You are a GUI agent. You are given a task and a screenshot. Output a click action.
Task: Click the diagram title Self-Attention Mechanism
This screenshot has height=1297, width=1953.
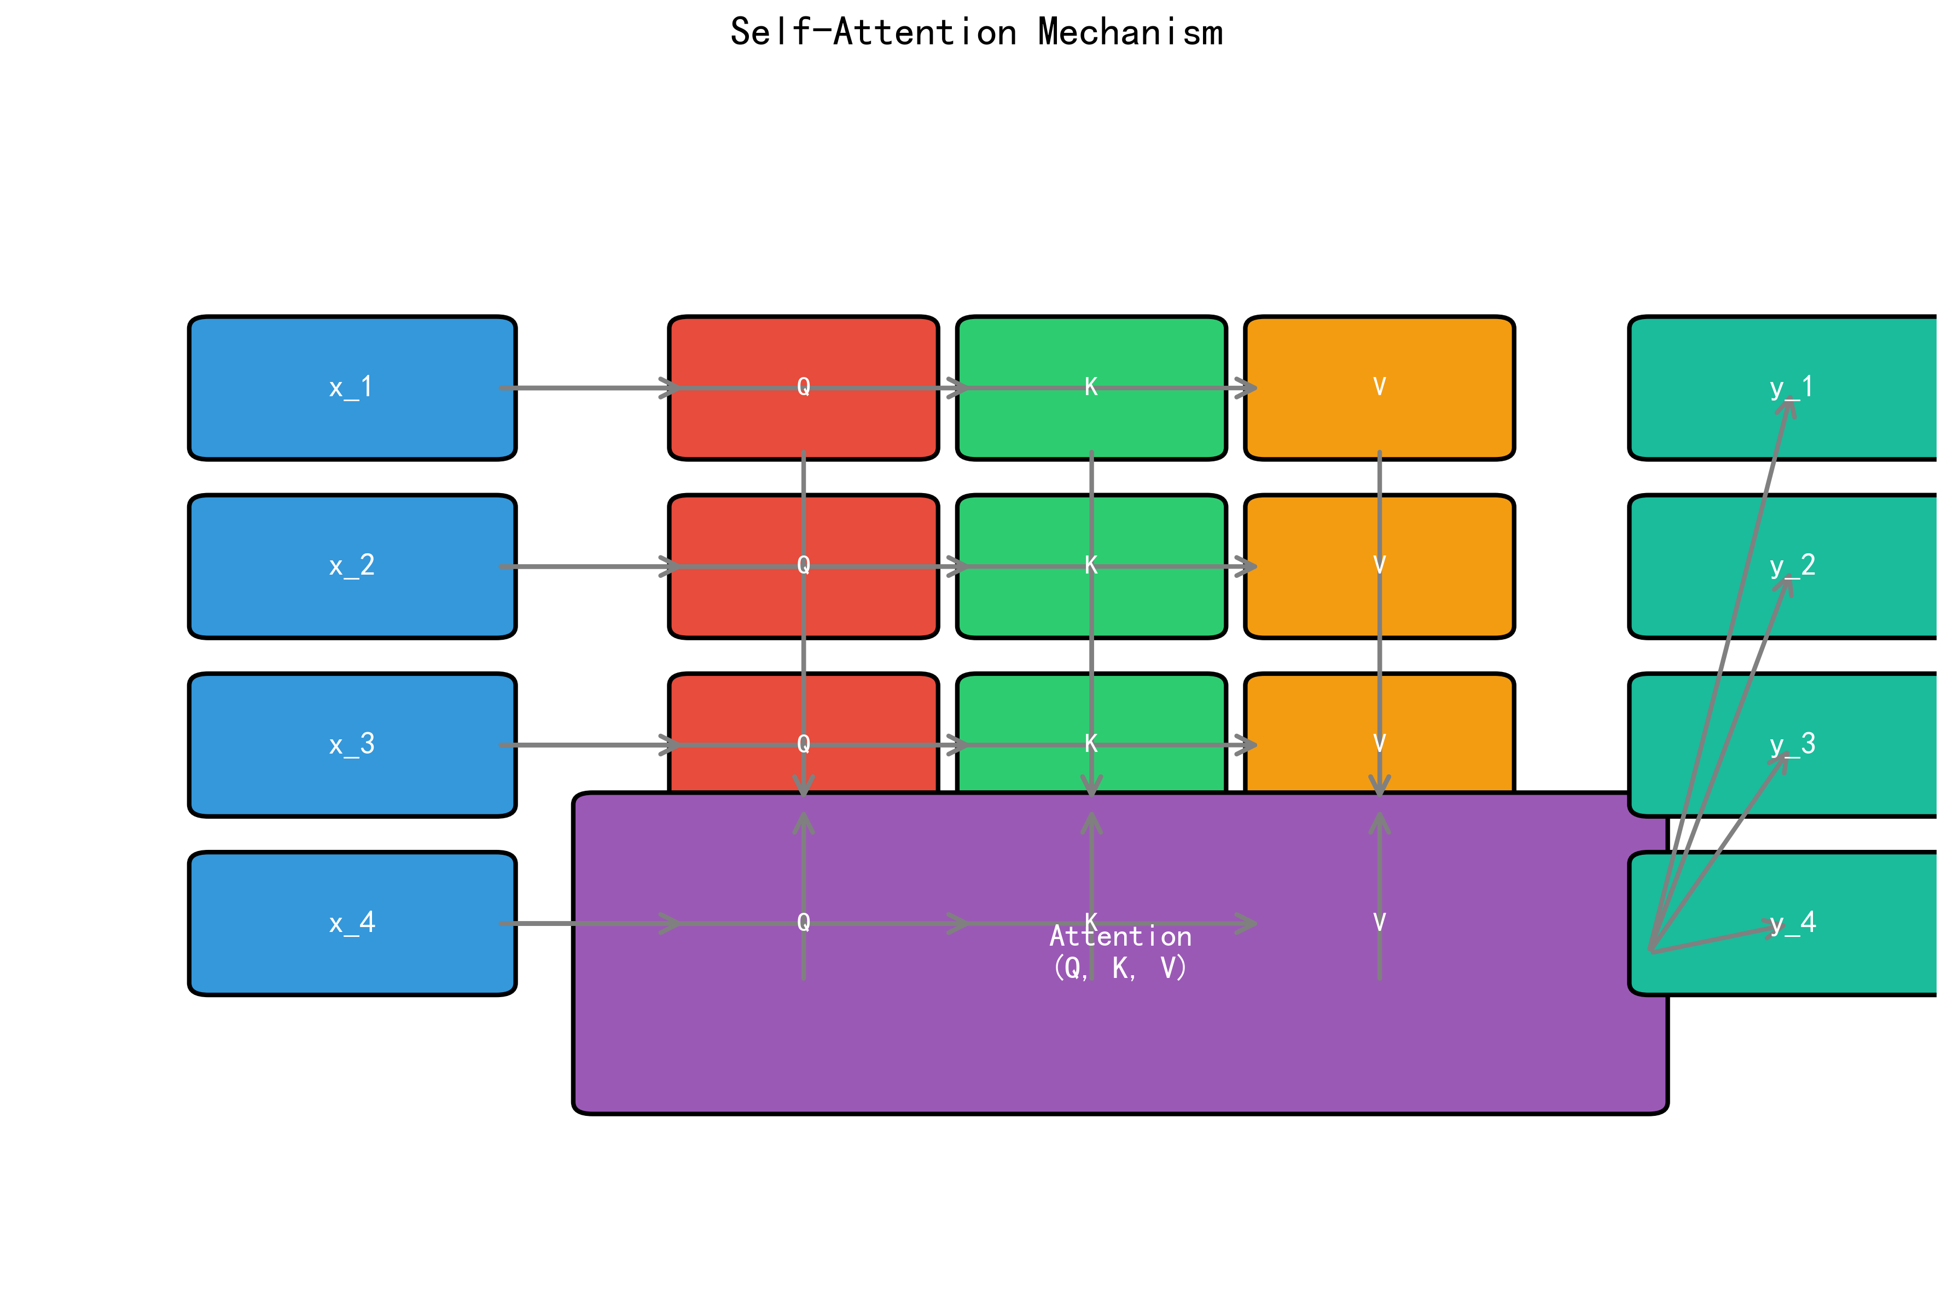coord(975,33)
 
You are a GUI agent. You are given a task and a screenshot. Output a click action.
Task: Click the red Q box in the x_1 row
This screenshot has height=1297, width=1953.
coord(744,422)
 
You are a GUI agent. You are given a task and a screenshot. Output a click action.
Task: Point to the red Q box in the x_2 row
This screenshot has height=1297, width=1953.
coord(744,604)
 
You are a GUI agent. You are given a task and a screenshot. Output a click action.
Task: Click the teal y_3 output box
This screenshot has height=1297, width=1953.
coord(1869,711)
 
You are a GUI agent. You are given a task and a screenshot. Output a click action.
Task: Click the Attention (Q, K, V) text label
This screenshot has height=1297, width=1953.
coord(1120,951)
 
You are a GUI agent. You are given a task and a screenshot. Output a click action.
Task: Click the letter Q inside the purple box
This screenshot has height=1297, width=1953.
coord(803,922)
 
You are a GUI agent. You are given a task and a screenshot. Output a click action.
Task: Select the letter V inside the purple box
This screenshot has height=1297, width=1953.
coord(1379,922)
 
